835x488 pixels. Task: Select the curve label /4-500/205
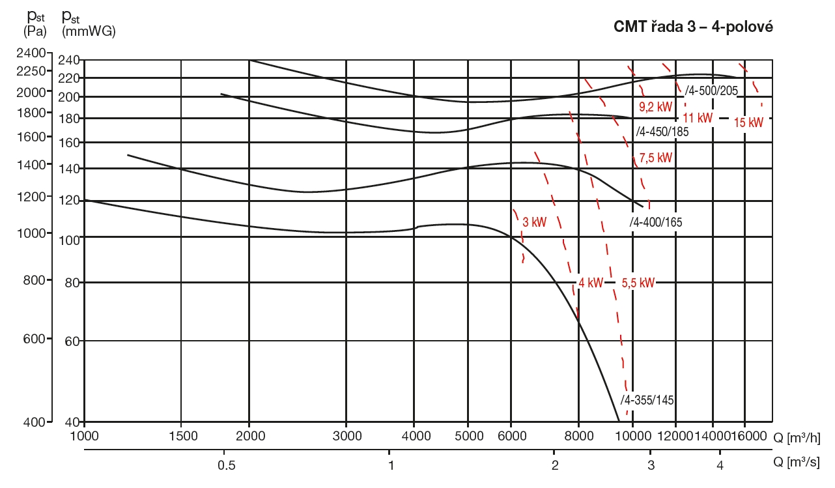point(711,91)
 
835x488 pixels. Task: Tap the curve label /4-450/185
point(662,130)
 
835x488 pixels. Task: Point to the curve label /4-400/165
point(655,222)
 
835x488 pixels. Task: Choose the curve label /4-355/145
point(646,399)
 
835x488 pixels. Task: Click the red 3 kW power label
point(534,222)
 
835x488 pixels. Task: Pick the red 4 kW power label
point(591,283)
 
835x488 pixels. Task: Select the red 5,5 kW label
point(638,283)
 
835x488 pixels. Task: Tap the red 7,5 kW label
point(655,158)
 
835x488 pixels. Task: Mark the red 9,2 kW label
point(655,106)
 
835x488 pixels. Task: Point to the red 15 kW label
point(748,122)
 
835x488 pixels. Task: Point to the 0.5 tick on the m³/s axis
point(225,465)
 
